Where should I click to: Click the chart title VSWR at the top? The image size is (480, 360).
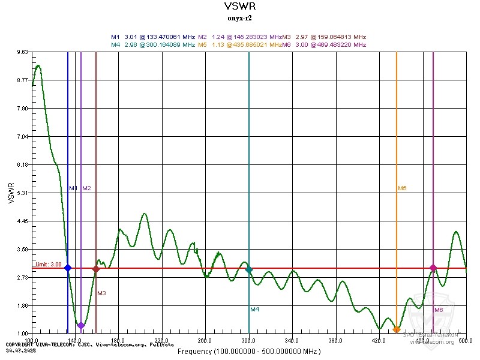(x=239, y=7)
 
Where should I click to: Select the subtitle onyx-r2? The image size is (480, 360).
(x=239, y=18)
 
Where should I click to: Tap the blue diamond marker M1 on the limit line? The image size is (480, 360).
(x=68, y=268)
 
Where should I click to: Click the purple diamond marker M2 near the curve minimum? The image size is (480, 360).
(x=81, y=325)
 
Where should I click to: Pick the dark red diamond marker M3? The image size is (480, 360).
(x=96, y=269)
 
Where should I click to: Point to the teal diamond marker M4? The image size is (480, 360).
(x=249, y=270)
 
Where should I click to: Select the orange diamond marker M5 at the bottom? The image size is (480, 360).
(x=397, y=330)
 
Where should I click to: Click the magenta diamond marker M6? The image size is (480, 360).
(x=433, y=268)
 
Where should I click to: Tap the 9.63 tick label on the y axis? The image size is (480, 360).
(x=22, y=52)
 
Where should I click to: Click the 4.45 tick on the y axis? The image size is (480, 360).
(x=22, y=221)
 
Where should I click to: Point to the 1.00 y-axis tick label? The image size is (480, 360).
(x=22, y=334)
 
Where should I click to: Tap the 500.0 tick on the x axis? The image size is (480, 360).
(x=465, y=340)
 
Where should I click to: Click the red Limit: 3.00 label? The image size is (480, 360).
(x=48, y=264)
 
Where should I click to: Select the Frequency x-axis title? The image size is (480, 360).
(x=249, y=351)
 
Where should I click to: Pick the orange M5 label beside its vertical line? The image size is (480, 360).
(x=402, y=188)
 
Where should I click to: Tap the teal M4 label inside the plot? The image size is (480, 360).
(x=255, y=309)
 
